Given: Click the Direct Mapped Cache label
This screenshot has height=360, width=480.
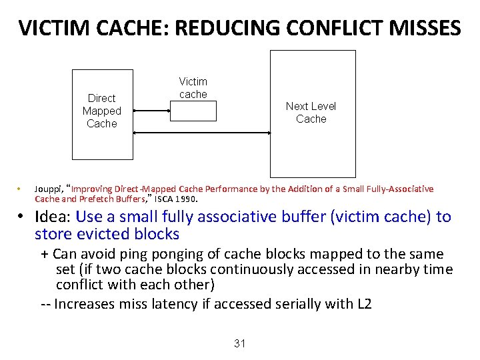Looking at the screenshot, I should pyautogui.click(x=101, y=111).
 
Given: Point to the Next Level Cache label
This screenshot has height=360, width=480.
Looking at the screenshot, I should pyautogui.click(x=311, y=112).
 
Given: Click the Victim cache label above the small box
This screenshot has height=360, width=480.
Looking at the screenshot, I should pyautogui.click(x=193, y=88).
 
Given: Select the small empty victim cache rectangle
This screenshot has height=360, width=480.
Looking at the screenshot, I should pyautogui.click(x=193, y=111).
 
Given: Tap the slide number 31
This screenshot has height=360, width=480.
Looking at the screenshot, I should pyautogui.click(x=240, y=343).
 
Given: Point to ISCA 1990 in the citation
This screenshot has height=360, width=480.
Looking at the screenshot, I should pyautogui.click(x=176, y=199).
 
